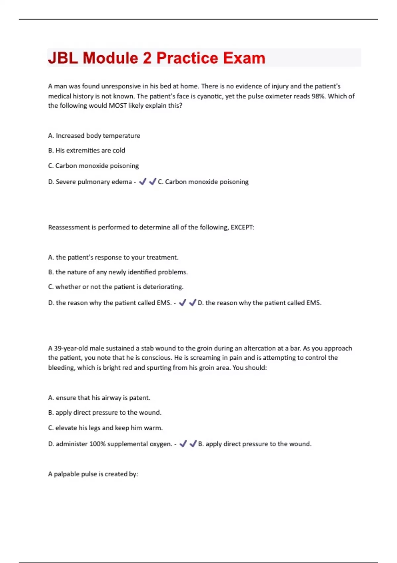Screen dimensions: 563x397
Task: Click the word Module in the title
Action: coord(110,58)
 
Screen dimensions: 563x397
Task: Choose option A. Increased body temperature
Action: coord(94,136)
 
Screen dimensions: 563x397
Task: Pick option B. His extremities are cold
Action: coord(86,151)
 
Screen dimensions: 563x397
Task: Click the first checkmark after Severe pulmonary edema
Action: coord(143,181)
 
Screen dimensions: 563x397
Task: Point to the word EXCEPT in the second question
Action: coord(242,228)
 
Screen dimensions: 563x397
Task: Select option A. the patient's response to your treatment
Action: coord(113,258)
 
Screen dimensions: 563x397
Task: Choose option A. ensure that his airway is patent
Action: coord(99,398)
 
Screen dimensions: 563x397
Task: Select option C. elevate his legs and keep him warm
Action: coord(105,428)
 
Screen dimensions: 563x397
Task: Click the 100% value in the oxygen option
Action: coord(97,444)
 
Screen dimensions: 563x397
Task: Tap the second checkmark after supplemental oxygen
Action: coord(193,444)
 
